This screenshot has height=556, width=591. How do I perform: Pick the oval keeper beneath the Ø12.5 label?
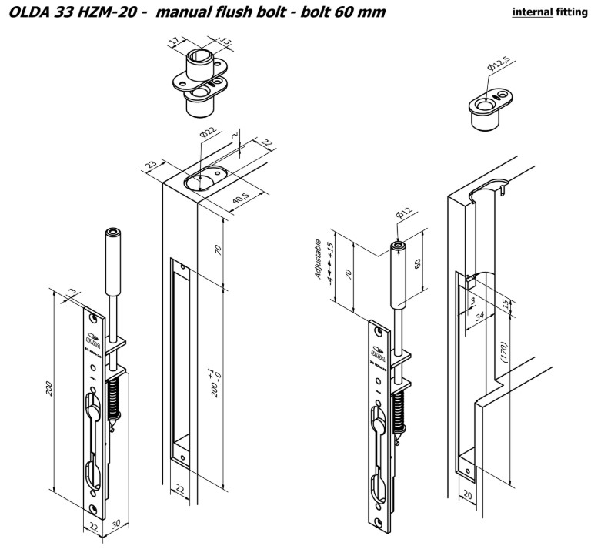(486, 109)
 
